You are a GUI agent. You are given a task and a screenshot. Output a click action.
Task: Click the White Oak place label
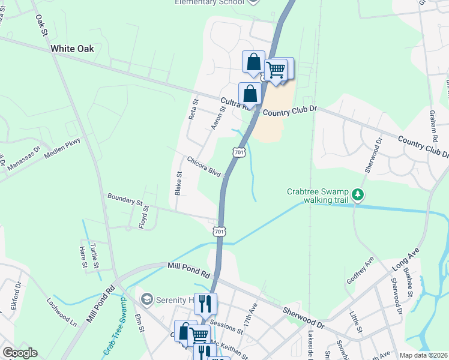pyautogui.click(x=72, y=49)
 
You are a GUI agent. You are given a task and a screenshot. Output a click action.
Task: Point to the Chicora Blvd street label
pyautogui.click(x=204, y=167)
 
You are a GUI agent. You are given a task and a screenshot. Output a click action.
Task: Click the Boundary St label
pyautogui.click(x=125, y=200)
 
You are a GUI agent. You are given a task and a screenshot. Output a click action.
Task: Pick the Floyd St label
pyautogui.click(x=144, y=214)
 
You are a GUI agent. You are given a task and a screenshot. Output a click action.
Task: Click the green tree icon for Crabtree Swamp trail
pyautogui.click(x=358, y=194)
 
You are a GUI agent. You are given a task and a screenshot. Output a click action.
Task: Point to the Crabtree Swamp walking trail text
pyautogui.click(x=318, y=196)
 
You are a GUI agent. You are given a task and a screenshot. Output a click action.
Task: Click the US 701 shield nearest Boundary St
pyautogui.click(x=219, y=231)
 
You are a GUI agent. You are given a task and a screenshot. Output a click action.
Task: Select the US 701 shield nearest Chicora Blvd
pyautogui.click(x=239, y=153)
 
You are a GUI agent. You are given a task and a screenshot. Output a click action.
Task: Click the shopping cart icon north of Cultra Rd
pyautogui.click(x=276, y=70)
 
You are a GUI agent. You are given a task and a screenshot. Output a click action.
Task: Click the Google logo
pyautogui.click(x=20, y=353)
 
